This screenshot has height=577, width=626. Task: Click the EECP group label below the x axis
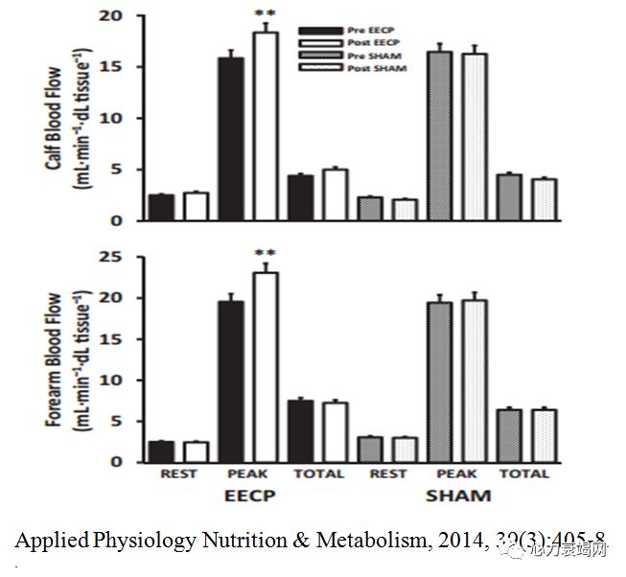pyautogui.click(x=249, y=496)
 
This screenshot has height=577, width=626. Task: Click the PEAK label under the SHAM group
pyautogui.click(x=455, y=473)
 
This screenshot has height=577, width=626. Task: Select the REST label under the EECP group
pyautogui.click(x=178, y=473)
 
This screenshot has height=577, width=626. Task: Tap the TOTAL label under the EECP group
pyautogui.click(x=316, y=473)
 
